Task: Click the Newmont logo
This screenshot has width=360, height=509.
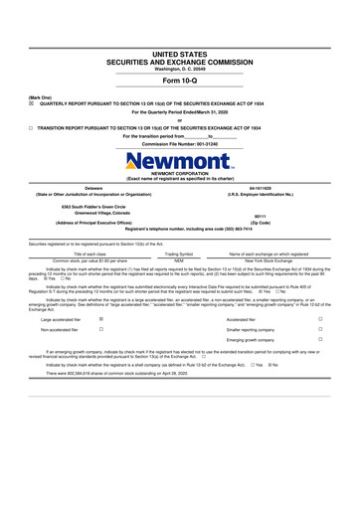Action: click(x=178, y=159)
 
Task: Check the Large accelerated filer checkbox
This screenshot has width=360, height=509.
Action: click(x=101, y=319)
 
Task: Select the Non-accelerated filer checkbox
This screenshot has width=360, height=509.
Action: click(x=101, y=329)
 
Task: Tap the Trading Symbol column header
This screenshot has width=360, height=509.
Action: click(x=179, y=254)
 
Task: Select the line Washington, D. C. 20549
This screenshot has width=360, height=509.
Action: click(x=179, y=68)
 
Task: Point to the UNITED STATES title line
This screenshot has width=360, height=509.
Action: click(x=179, y=53)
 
